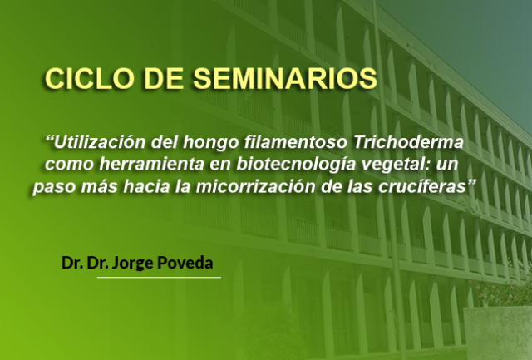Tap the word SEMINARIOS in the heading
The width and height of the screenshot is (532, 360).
coord(285,79)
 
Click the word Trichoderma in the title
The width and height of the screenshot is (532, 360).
coord(408,142)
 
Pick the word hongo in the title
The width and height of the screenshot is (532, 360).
coord(211,143)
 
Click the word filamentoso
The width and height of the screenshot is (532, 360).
coord(296,142)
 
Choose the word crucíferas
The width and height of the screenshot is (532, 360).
coord(422,187)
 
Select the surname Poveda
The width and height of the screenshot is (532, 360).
coord(185,263)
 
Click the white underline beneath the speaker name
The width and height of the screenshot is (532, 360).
coord(159,278)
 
